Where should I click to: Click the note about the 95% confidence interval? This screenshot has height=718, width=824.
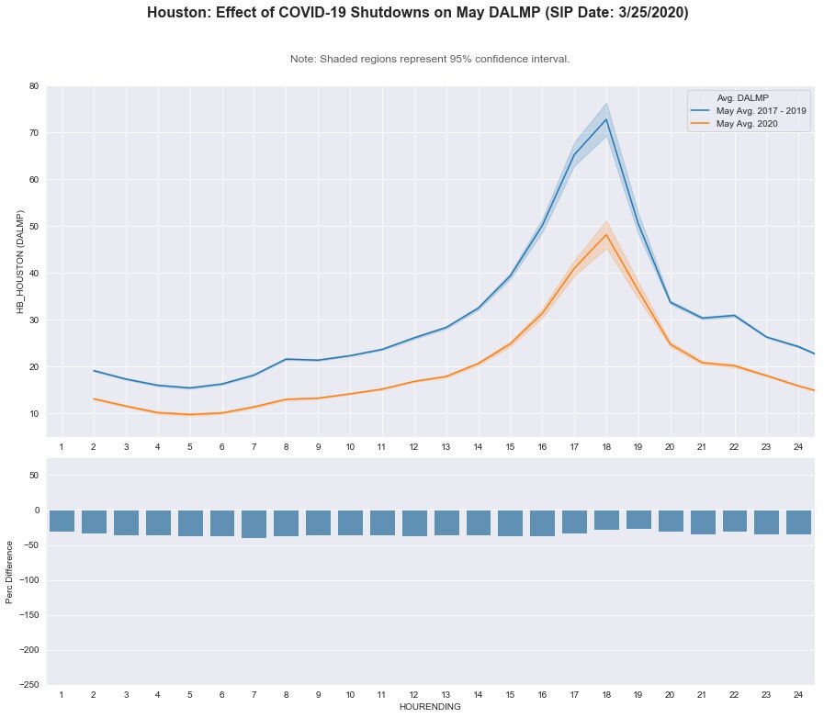click(430, 59)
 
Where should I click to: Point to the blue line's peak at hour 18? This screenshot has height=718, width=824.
click(606, 119)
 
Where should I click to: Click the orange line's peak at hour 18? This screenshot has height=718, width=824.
click(606, 234)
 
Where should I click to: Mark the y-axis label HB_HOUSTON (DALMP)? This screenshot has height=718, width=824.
click(20, 262)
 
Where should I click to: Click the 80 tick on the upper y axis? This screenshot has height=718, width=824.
click(34, 86)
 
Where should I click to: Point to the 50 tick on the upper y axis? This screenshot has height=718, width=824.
click(34, 227)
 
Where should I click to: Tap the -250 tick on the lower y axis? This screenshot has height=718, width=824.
click(29, 685)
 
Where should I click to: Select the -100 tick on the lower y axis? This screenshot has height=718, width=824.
click(29, 580)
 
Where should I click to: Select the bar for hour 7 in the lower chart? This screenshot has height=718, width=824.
click(254, 523)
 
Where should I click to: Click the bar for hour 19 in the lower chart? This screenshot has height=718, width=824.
click(638, 519)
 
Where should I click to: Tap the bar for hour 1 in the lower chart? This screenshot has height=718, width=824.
click(62, 521)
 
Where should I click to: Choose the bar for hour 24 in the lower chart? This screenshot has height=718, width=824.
click(798, 522)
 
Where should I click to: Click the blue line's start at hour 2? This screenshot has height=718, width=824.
click(94, 371)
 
